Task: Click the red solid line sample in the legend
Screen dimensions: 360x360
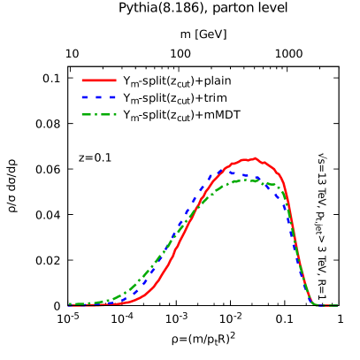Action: click(x=99, y=80)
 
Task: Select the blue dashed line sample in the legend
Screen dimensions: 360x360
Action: click(x=99, y=97)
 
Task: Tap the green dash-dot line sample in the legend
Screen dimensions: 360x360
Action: click(x=99, y=114)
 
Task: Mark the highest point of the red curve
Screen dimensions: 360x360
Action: click(x=255, y=158)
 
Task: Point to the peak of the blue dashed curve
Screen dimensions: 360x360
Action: click(x=237, y=173)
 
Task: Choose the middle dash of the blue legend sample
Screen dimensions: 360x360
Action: click(x=98, y=97)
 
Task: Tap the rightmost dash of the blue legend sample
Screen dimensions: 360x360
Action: click(x=112, y=97)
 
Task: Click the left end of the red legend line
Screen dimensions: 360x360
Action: click(x=82, y=80)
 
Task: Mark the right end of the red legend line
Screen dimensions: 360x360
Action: click(x=116, y=80)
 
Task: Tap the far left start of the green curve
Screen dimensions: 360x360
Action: click(x=70, y=304)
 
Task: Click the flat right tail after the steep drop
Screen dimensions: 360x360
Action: click(x=327, y=305)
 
